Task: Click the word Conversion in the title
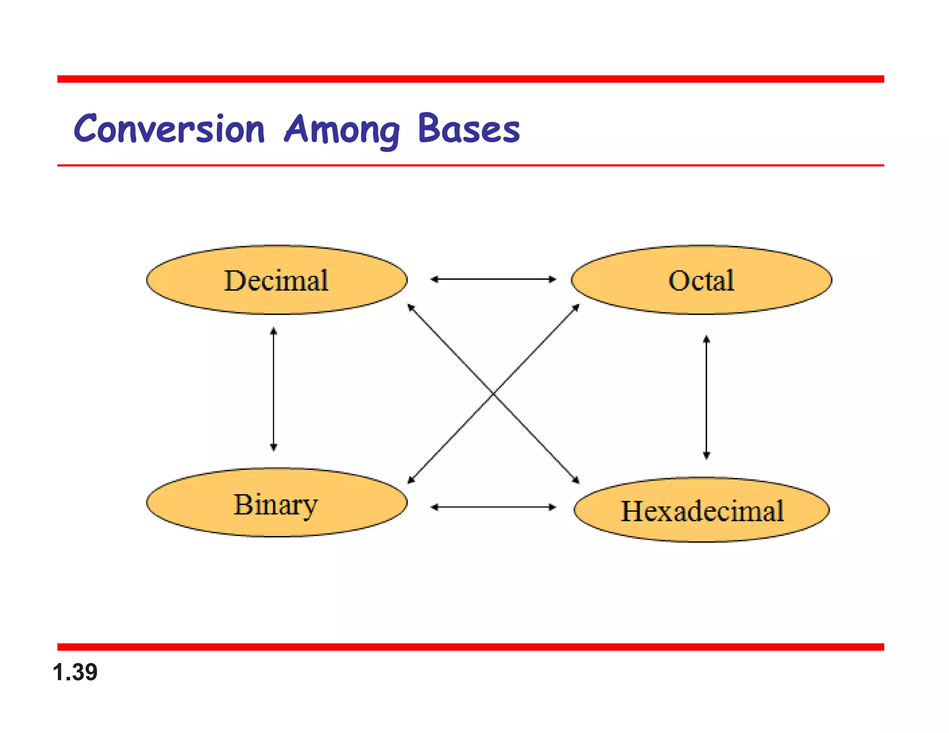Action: click(169, 129)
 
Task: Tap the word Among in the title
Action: click(342, 130)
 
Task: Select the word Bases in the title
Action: click(468, 129)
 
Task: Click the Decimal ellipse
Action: click(277, 280)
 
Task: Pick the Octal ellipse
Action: click(701, 280)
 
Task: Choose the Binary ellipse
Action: click(277, 503)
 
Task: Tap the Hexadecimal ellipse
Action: click(702, 510)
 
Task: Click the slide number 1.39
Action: click(75, 672)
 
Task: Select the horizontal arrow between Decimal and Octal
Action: click(493, 279)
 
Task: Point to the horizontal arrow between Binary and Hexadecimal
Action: click(493, 507)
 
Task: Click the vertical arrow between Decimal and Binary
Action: click(273, 389)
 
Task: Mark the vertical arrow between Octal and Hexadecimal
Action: click(706, 397)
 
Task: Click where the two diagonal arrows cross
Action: click(493, 393)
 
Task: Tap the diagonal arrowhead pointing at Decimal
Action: click(410, 307)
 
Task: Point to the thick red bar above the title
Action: click(470, 79)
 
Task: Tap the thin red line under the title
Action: click(470, 165)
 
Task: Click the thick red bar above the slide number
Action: click(470, 647)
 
